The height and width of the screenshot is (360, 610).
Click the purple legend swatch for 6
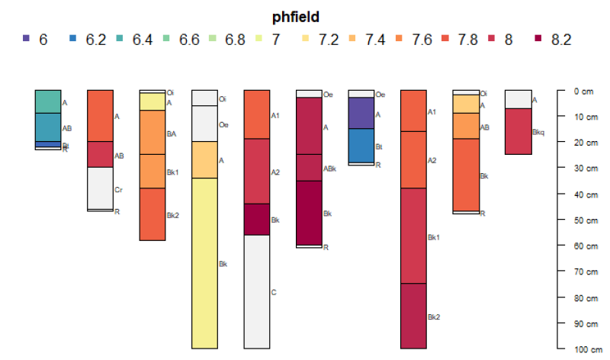click(x=27, y=38)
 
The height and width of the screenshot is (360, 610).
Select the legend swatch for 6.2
click(x=73, y=38)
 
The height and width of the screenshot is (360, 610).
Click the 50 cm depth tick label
click(x=583, y=220)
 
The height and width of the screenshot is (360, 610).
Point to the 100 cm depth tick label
click(x=585, y=349)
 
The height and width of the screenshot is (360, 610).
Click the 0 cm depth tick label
click(x=582, y=91)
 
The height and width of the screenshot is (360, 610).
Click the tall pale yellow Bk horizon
click(x=204, y=263)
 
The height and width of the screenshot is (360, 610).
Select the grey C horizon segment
click(x=256, y=291)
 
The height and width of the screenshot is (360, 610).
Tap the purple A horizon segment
click(x=361, y=113)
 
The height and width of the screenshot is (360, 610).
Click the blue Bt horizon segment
click(x=361, y=146)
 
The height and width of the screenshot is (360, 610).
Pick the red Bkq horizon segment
click(x=518, y=131)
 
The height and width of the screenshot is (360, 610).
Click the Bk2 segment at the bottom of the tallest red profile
click(x=413, y=316)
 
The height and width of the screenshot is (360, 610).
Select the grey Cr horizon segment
click(x=100, y=188)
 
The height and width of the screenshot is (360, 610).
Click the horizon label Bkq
click(x=538, y=131)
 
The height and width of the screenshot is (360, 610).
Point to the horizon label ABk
click(x=329, y=168)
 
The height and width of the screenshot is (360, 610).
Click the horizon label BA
click(x=172, y=133)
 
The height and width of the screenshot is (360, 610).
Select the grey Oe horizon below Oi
click(x=204, y=124)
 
